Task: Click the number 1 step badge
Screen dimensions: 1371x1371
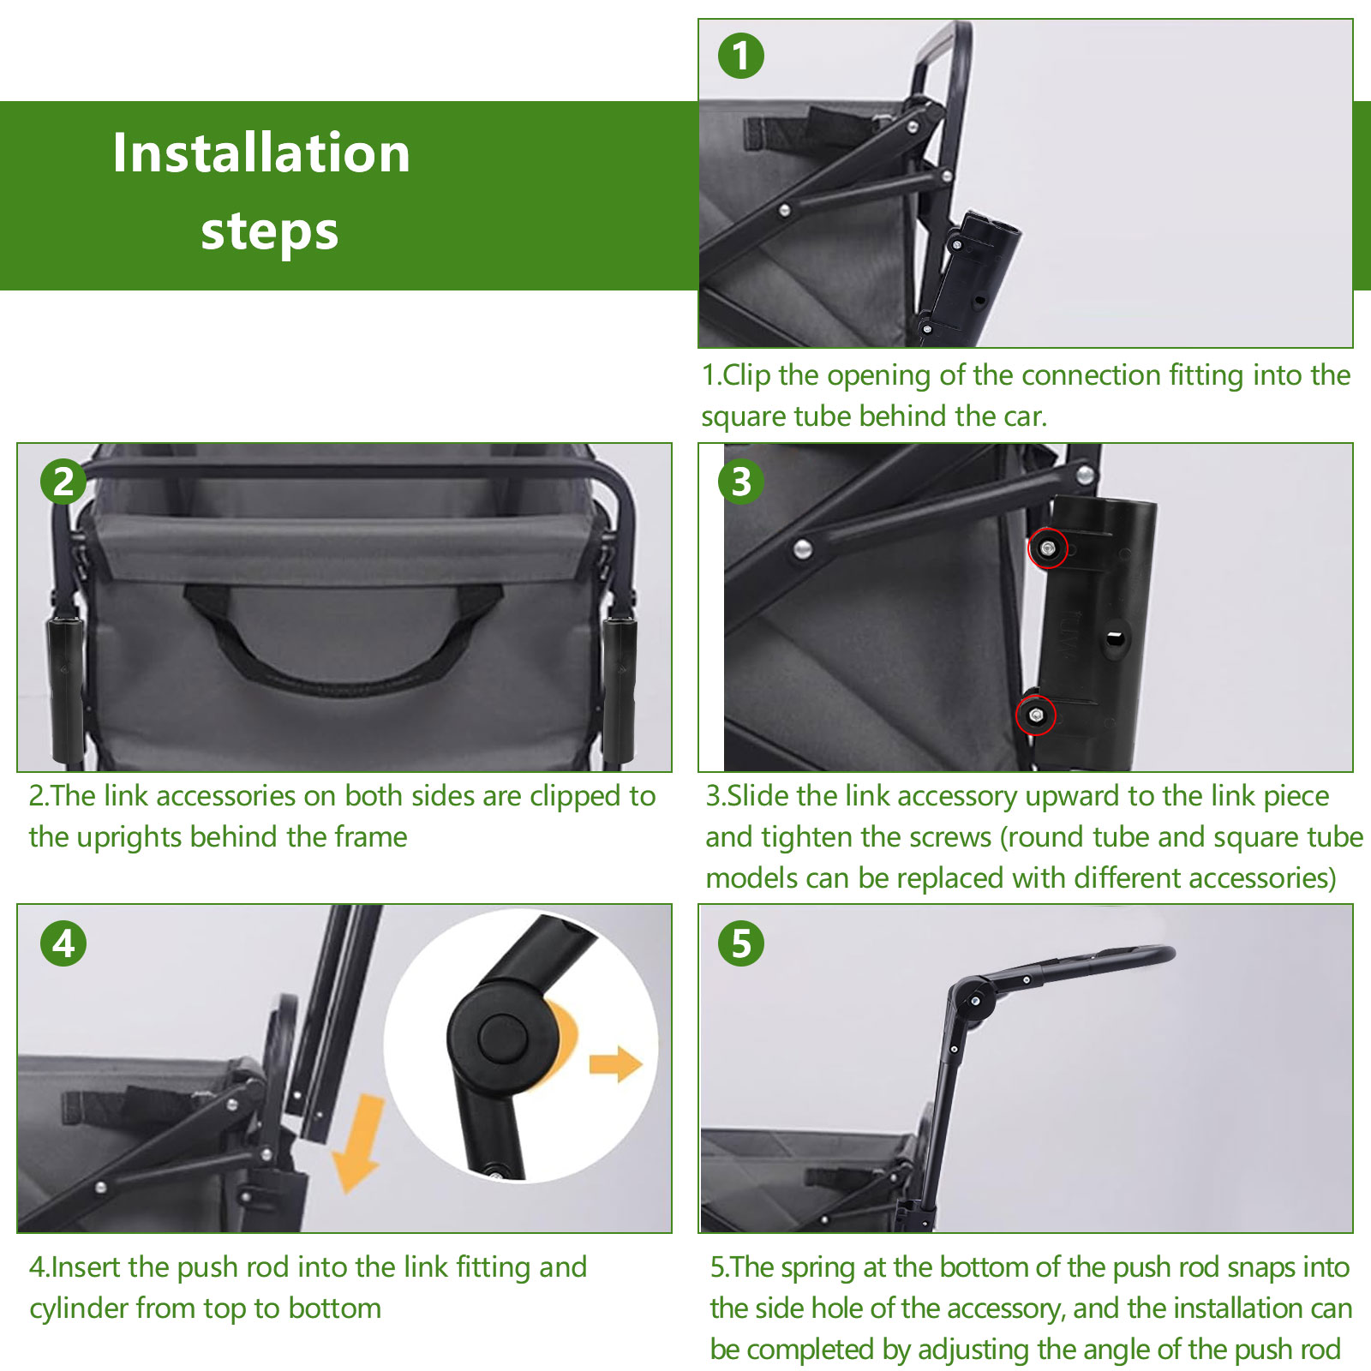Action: pos(741,57)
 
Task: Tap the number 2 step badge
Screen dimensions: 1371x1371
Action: pos(63,482)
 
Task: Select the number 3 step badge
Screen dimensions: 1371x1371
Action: pos(741,482)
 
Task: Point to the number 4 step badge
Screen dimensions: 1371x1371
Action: pos(63,943)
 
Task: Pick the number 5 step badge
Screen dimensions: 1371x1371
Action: pos(741,943)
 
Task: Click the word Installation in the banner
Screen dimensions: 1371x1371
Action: pos(261,153)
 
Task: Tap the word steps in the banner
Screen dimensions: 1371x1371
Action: pos(269,231)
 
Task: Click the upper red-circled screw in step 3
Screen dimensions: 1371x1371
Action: pos(1048,548)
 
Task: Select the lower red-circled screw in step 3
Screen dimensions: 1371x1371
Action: pos(1036,715)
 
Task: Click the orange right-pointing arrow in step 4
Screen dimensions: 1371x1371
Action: pos(616,1064)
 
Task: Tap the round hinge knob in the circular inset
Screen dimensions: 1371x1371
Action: pos(501,1039)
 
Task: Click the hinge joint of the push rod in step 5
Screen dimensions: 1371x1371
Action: pos(974,999)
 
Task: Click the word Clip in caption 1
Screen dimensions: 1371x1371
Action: pos(746,375)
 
